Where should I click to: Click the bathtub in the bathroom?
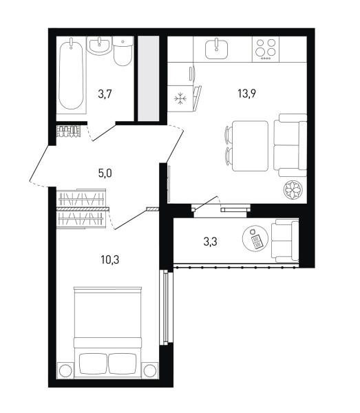coord(71,75)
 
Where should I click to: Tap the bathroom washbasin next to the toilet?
coord(99,45)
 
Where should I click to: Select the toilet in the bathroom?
coord(123,51)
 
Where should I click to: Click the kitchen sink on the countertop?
coord(216,48)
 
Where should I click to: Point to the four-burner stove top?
coord(266,49)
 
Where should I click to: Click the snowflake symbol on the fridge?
coord(180,98)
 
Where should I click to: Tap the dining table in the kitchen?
coord(250,146)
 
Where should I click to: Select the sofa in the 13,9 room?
coord(290,145)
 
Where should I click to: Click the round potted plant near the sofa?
coord(293,190)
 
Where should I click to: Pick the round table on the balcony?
coord(255,238)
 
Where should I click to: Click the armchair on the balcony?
coord(285,240)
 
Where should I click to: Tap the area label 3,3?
coord(211,242)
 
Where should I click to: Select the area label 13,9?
coord(246,93)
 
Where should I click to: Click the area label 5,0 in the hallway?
coord(105,173)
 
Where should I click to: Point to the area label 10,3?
coord(110,260)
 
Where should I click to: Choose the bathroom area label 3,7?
coord(105,94)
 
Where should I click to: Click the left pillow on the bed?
coord(93,363)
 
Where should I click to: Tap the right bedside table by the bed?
coord(150,370)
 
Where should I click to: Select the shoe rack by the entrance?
coord(68,131)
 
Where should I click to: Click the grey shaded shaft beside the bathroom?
coord(149,78)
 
